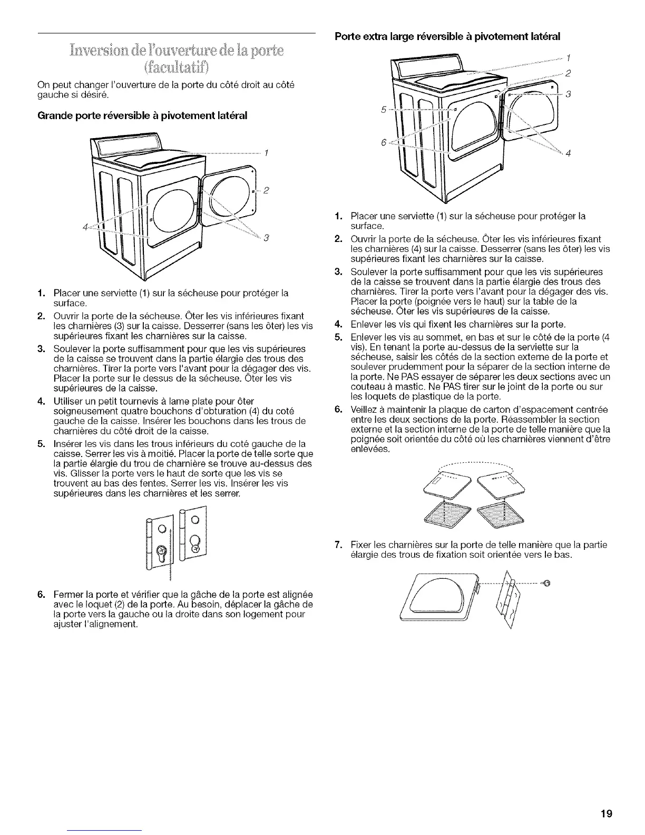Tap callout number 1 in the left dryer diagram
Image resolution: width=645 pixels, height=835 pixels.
(x=267, y=153)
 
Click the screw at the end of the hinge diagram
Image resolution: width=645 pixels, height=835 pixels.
(x=546, y=582)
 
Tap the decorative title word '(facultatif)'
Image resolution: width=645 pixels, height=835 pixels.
(x=176, y=67)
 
